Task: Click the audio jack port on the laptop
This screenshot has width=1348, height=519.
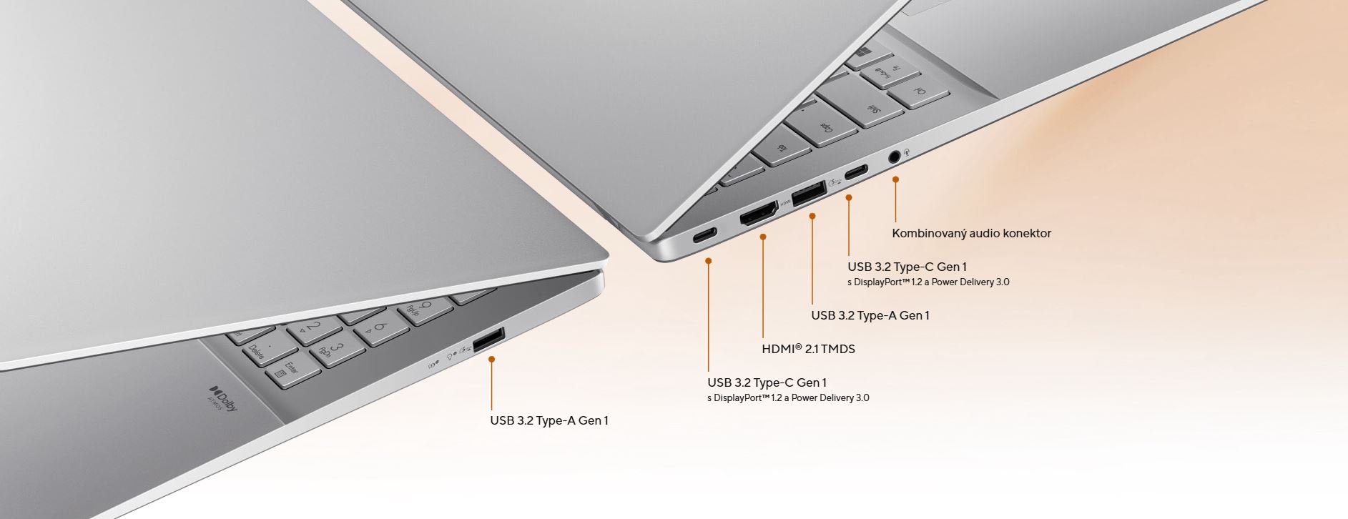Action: tap(894, 157)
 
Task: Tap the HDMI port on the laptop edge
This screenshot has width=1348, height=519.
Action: tap(759, 214)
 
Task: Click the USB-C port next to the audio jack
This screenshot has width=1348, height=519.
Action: tap(856, 172)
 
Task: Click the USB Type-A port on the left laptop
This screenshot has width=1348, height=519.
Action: tap(489, 340)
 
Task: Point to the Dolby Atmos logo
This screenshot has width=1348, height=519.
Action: tap(223, 400)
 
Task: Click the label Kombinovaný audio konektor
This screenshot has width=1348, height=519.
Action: tap(971, 233)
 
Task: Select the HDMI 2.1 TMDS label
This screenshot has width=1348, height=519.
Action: tap(808, 349)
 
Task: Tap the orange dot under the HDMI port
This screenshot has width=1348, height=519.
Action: tap(763, 236)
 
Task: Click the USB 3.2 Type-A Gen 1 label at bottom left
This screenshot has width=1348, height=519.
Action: tap(549, 420)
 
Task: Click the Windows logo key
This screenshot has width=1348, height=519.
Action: tap(865, 53)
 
